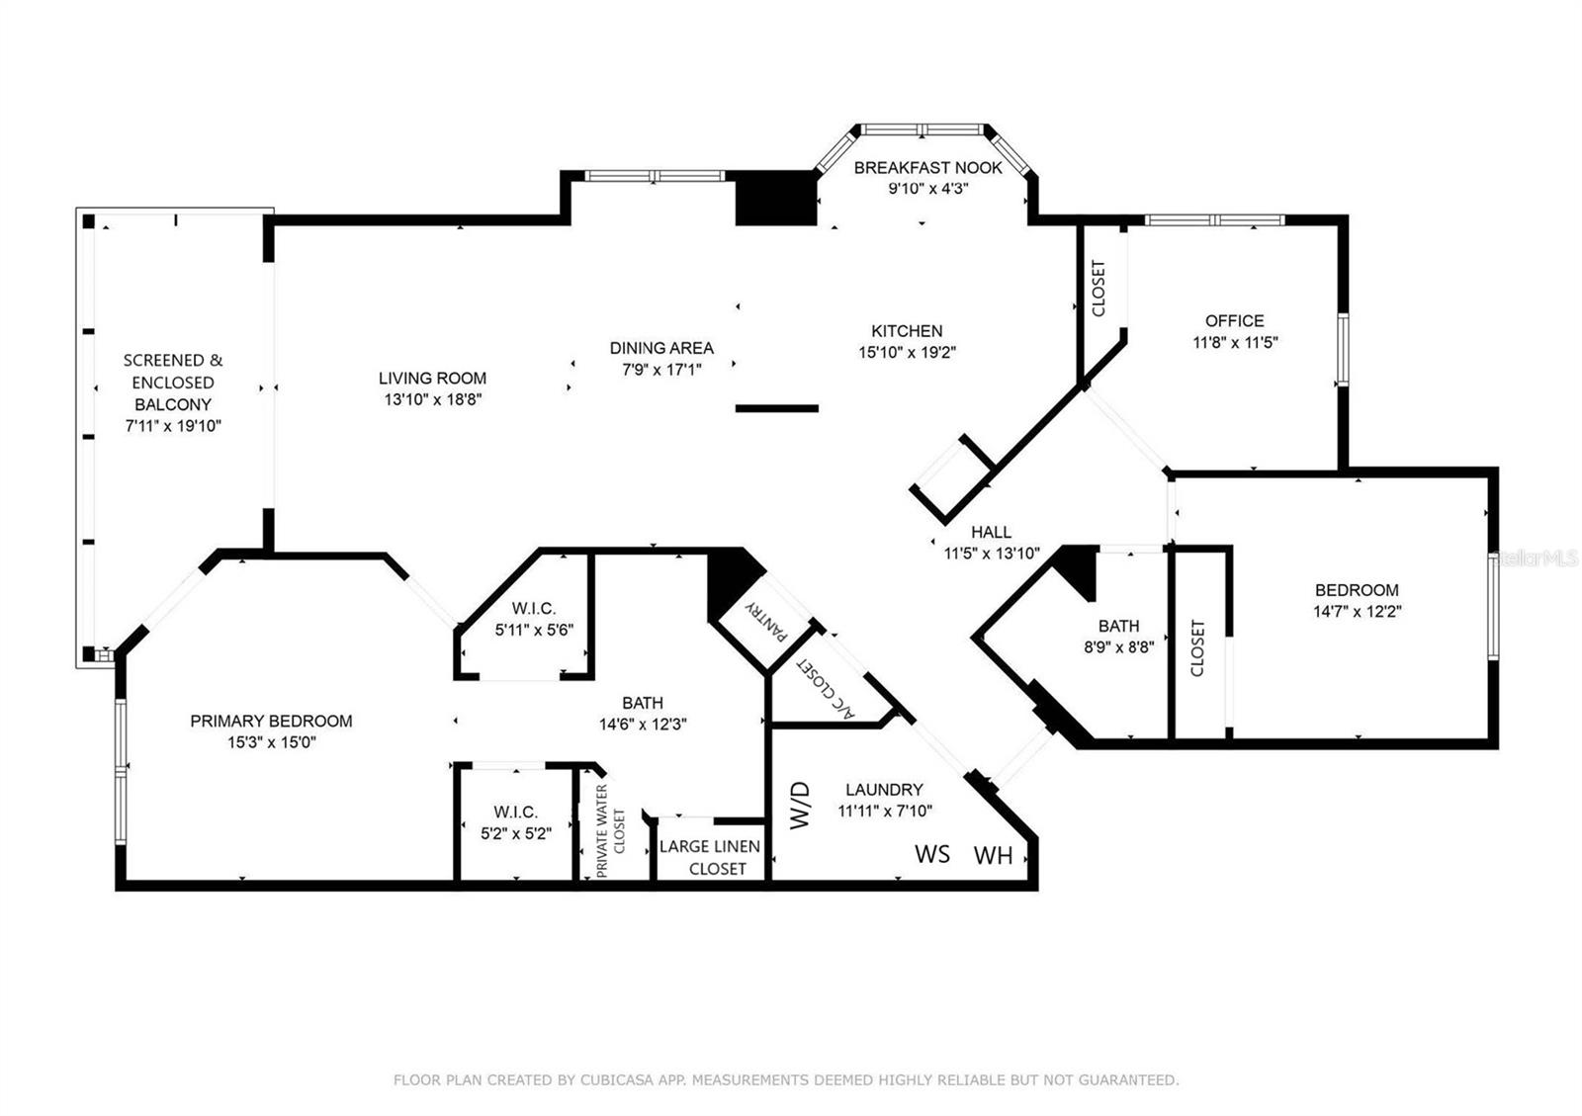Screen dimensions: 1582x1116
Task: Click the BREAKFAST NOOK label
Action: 927,168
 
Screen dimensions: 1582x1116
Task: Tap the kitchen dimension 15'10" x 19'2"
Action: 907,352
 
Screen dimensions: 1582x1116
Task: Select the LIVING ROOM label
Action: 432,379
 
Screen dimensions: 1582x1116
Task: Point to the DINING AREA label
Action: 661,348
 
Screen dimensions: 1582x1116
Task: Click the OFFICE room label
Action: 1235,321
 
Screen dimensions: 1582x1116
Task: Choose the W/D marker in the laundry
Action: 800,805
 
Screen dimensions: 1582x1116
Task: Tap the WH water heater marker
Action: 993,855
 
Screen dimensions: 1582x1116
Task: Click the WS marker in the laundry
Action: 932,854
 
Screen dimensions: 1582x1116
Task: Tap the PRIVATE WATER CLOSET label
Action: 610,831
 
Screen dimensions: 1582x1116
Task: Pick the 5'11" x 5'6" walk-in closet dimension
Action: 534,630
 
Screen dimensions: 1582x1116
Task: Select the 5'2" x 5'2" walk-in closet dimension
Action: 516,833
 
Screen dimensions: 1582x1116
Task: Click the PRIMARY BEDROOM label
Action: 271,721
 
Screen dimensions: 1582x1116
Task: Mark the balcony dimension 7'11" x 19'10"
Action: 173,426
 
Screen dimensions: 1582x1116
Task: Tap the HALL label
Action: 991,532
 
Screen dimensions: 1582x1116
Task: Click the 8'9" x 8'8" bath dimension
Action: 1118,646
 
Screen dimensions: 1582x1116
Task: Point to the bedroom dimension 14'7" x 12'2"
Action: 1357,611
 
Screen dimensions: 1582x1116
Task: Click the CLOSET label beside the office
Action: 1099,288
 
